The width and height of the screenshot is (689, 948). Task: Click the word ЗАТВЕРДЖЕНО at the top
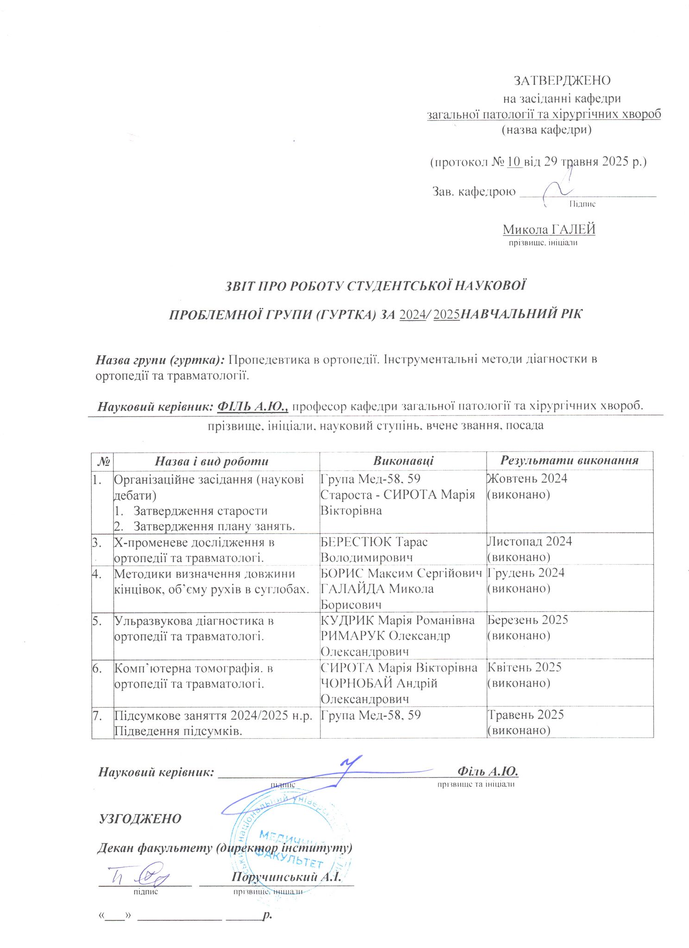[x=562, y=81]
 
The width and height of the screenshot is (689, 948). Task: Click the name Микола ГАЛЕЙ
[x=549, y=229]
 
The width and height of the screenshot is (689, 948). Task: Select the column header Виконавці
[x=403, y=461]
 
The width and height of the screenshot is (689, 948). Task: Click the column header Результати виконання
[x=569, y=460]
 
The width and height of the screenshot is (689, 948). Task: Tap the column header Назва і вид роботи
[x=212, y=461]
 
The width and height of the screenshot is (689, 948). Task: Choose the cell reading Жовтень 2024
[x=527, y=478]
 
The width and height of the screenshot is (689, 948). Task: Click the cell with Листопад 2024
[x=530, y=541]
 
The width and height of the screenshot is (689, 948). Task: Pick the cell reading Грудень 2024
[x=526, y=573]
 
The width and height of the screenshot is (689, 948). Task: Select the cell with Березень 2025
[x=528, y=620]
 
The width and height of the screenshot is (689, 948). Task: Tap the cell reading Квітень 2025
[x=525, y=667]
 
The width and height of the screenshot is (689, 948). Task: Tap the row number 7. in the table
[x=97, y=716]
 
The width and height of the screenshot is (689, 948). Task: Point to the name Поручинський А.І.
[x=286, y=877]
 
